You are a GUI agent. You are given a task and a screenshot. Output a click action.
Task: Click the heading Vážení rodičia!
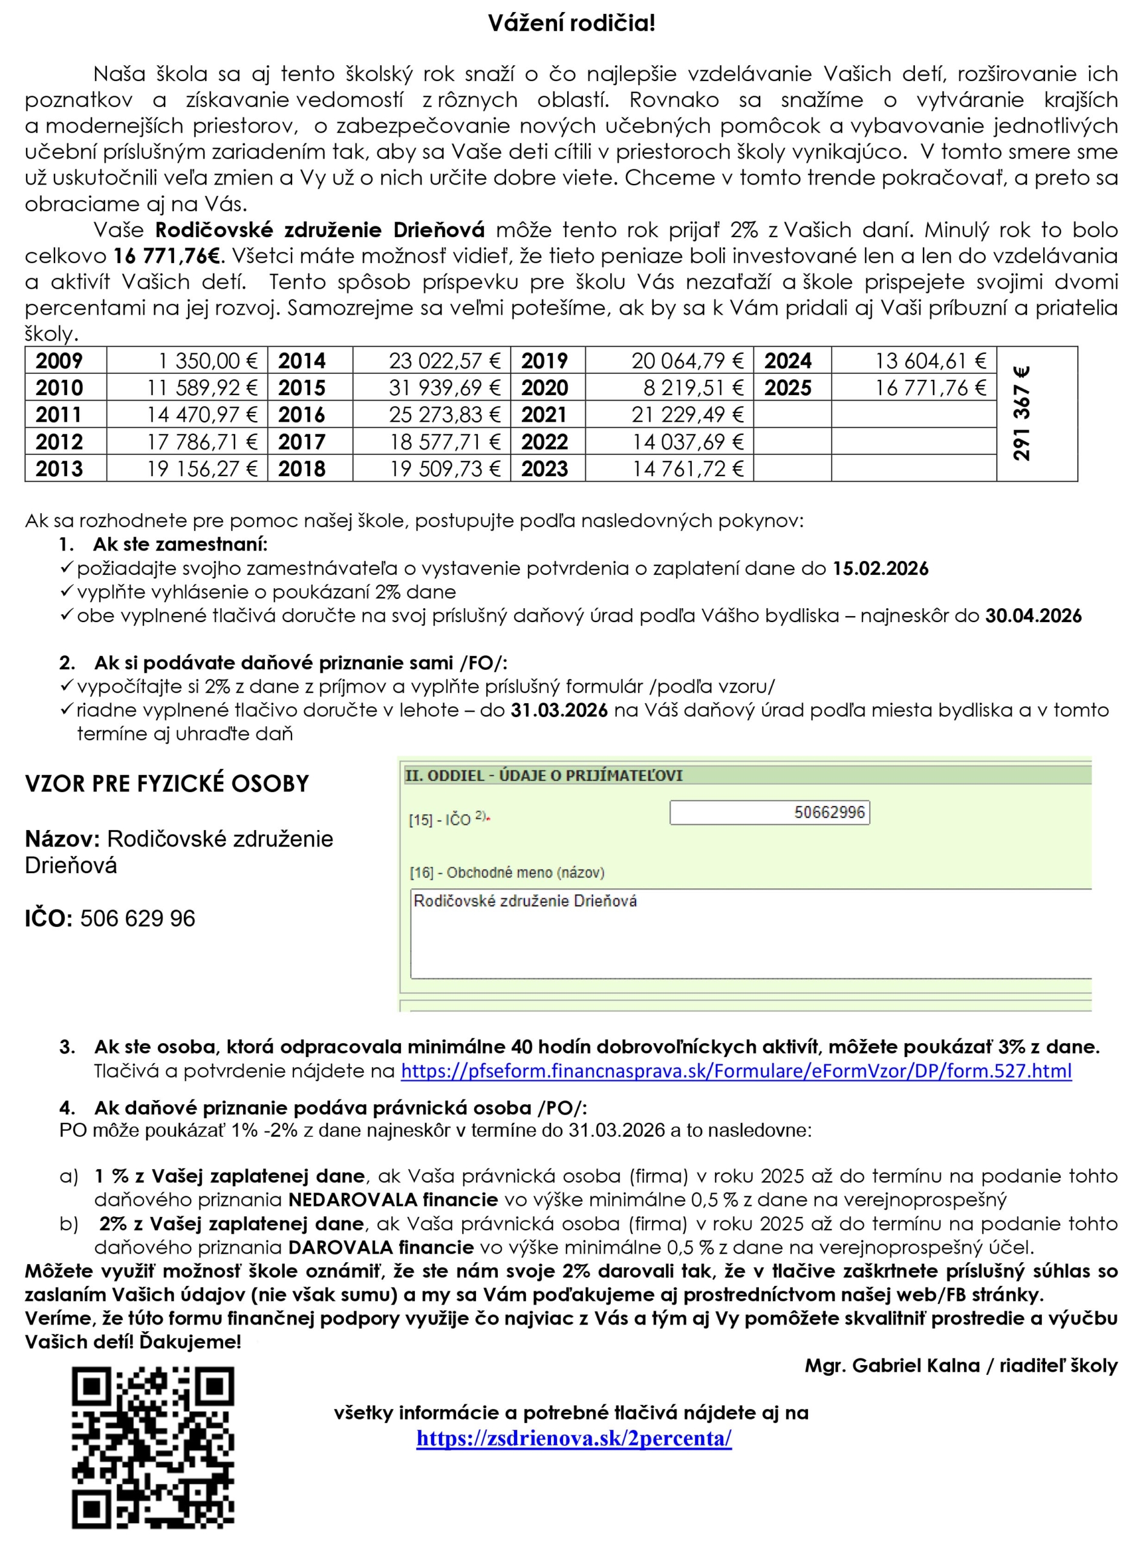click(x=571, y=24)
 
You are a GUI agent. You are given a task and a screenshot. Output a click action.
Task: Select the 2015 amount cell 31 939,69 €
click(x=444, y=387)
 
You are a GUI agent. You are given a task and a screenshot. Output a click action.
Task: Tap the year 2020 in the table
click(x=544, y=387)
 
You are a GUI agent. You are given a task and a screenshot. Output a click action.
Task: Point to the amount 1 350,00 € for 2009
click(x=207, y=361)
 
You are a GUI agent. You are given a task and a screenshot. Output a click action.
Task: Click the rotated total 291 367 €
click(x=1021, y=414)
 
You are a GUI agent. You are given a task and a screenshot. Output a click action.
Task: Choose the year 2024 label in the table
click(x=788, y=361)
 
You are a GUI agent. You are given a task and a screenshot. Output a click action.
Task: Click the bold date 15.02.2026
click(x=880, y=568)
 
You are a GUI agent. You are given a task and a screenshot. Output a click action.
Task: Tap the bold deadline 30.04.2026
click(x=1033, y=615)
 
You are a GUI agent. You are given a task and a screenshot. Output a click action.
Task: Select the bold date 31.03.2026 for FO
click(x=559, y=710)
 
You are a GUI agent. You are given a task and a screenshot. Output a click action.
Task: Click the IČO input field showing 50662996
click(x=769, y=812)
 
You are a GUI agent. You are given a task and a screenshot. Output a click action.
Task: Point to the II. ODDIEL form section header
click(x=544, y=775)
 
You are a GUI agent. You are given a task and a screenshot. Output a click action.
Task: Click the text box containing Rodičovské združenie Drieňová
click(x=749, y=933)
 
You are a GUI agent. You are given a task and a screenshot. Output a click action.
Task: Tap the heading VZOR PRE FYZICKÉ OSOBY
click(x=166, y=784)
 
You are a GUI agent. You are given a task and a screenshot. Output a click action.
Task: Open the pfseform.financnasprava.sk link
click(x=736, y=1071)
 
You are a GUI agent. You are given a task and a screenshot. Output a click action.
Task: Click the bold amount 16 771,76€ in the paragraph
click(x=166, y=256)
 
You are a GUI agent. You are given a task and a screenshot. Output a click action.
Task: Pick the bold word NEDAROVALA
click(x=353, y=1199)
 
